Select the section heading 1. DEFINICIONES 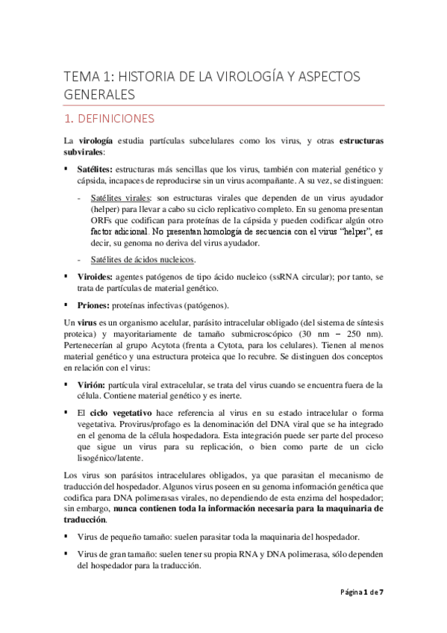(109, 118)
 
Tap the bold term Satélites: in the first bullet (96, 169)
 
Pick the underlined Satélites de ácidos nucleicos (142, 260)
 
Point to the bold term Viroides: (95, 277)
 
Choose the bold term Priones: (93, 305)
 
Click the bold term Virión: (91, 384)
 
